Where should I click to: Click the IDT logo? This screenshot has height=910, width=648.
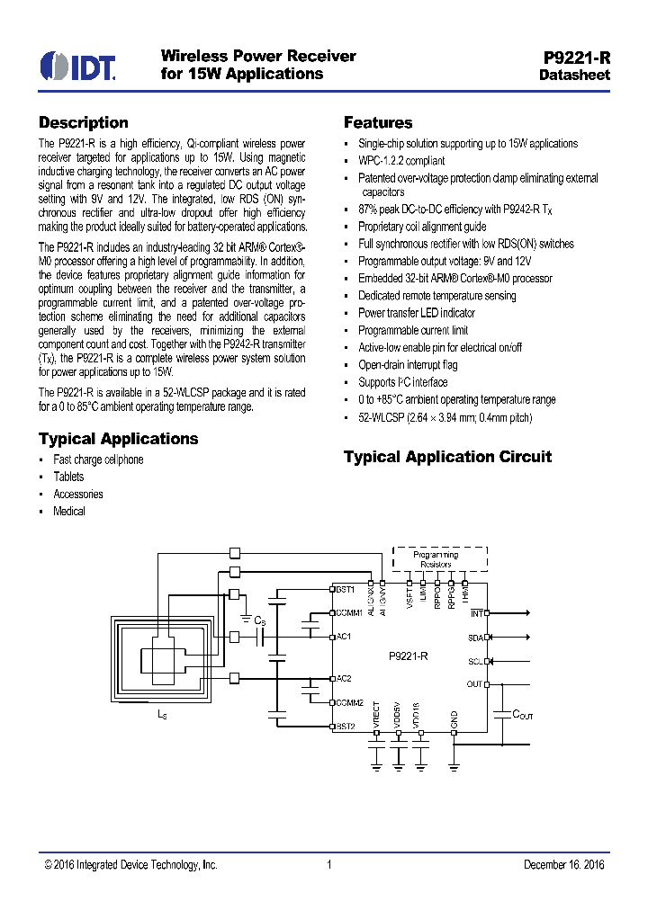pyautogui.click(x=77, y=66)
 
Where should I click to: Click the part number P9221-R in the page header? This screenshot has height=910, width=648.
pyautogui.click(x=577, y=57)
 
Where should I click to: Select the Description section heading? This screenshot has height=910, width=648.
pyautogui.click(x=83, y=123)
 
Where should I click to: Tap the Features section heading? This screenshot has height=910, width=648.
pyautogui.click(x=378, y=123)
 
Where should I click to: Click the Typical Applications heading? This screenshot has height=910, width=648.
pyautogui.click(x=118, y=439)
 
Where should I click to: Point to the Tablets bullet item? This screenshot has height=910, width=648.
pyautogui.click(x=68, y=477)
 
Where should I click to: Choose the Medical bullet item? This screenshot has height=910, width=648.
pyautogui.click(x=69, y=511)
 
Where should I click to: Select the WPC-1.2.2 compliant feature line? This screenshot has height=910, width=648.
pyautogui.click(x=401, y=161)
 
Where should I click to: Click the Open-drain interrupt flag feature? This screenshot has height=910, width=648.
pyautogui.click(x=408, y=365)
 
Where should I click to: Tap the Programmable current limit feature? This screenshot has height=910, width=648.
pyautogui.click(x=413, y=331)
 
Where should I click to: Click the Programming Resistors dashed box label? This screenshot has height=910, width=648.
pyautogui.click(x=436, y=559)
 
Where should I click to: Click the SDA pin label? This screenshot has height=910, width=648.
pyautogui.click(x=475, y=637)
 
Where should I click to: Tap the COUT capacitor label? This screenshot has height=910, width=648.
pyautogui.click(x=523, y=714)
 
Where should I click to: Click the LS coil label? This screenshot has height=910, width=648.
pyautogui.click(x=162, y=714)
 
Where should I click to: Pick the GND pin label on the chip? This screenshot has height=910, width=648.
pyautogui.click(x=454, y=718)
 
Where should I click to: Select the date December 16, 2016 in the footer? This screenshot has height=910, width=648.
pyautogui.click(x=563, y=865)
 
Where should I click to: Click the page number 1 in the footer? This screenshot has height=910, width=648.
pyautogui.click(x=329, y=865)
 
